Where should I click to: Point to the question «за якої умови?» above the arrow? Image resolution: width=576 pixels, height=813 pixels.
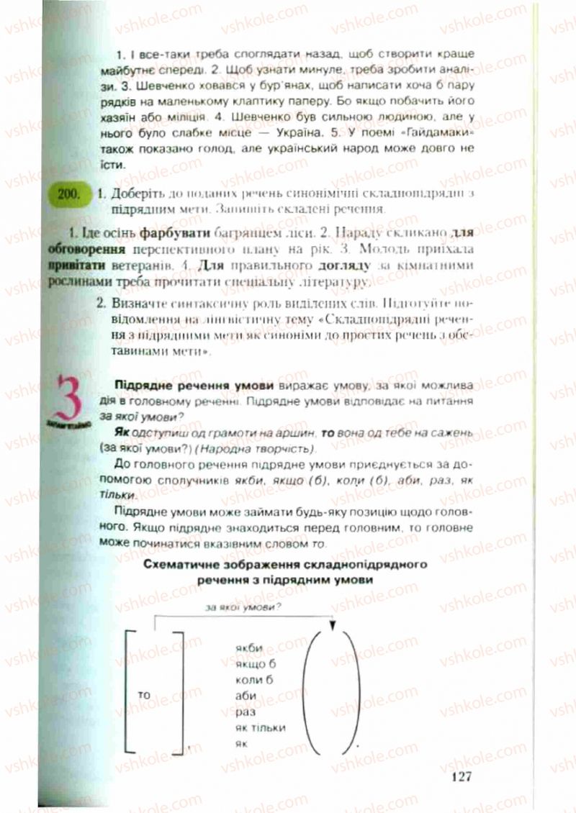243,608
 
